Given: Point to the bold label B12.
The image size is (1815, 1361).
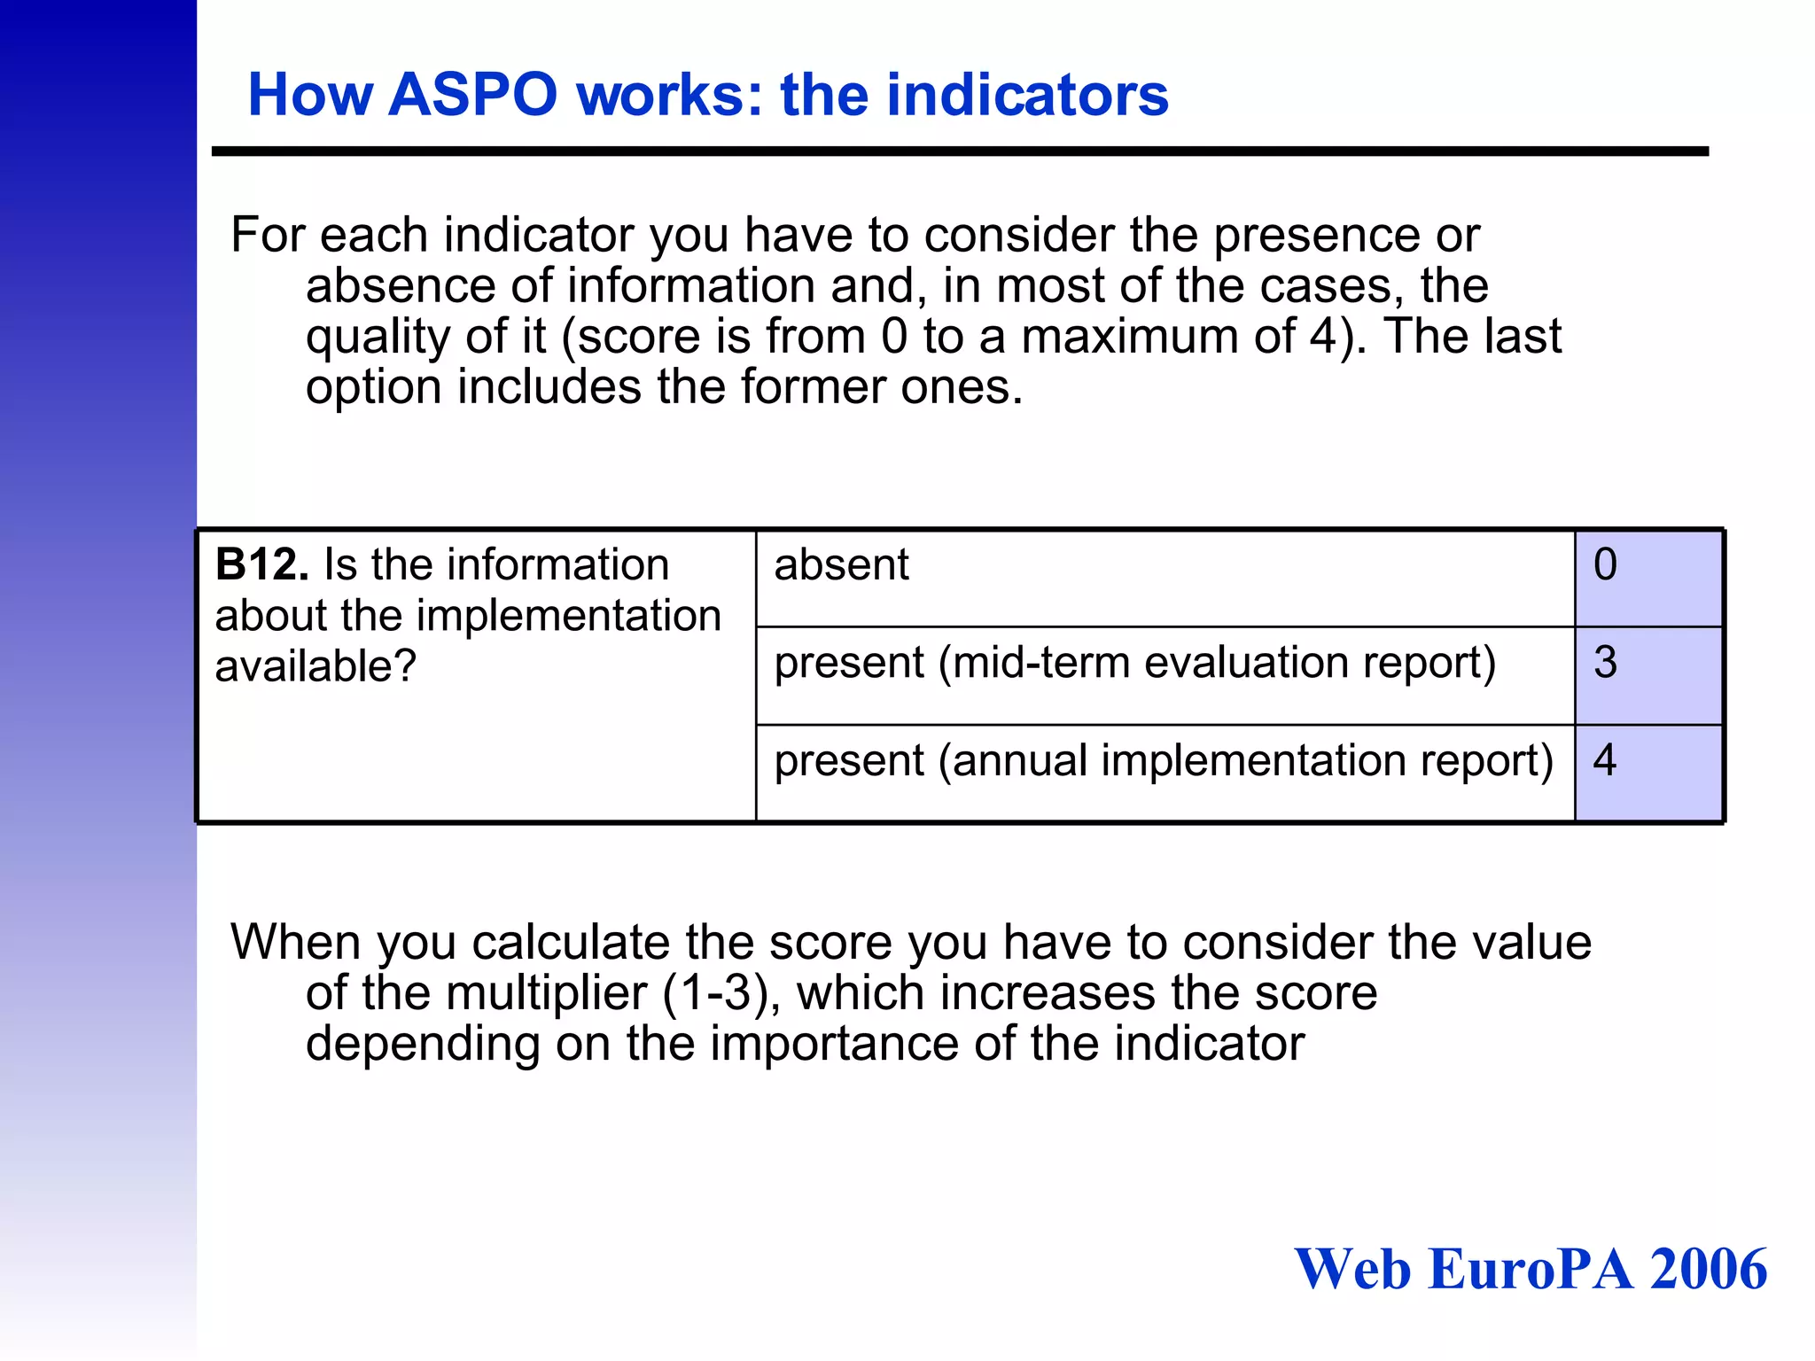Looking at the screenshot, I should click(x=261, y=565).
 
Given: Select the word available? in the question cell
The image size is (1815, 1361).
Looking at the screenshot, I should click(x=315, y=666).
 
